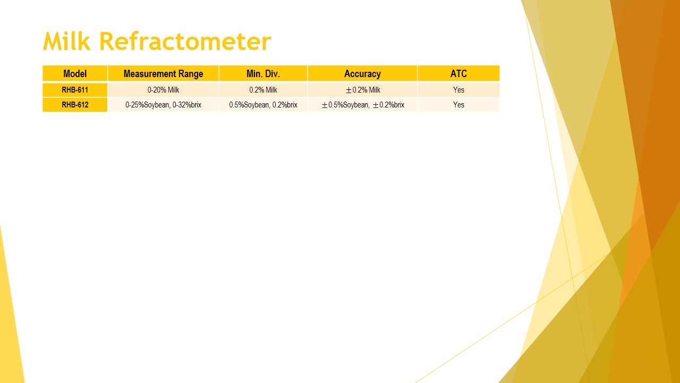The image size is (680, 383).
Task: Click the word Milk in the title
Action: tap(67, 41)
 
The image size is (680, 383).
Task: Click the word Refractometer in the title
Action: tap(185, 41)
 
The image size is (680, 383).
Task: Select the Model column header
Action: tap(75, 73)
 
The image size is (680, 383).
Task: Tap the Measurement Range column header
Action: tap(163, 73)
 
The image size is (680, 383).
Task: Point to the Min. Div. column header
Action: tap(263, 73)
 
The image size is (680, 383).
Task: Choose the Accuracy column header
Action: tap(362, 73)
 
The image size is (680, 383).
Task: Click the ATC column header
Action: tap(458, 73)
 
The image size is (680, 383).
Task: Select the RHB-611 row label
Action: tap(75, 90)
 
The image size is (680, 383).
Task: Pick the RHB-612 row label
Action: tap(75, 105)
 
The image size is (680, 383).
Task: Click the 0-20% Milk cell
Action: tap(163, 90)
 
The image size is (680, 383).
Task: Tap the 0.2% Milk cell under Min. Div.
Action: tap(263, 90)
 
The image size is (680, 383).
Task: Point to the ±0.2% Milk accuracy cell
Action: tap(363, 90)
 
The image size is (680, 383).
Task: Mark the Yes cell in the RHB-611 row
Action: tap(458, 90)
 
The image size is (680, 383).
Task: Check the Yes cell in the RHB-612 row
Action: tap(458, 105)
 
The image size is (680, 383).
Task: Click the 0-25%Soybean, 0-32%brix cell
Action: tap(163, 105)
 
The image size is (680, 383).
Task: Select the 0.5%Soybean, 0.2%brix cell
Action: tap(263, 105)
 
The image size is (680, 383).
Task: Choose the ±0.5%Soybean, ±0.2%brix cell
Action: tap(363, 105)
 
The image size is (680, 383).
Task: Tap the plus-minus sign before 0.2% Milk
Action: tap(349, 90)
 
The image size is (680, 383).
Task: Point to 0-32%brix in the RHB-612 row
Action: tap(187, 105)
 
